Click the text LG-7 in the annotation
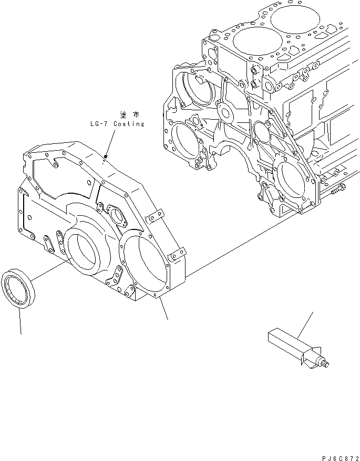click(x=98, y=124)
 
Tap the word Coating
click(x=128, y=124)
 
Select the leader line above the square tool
click(x=305, y=323)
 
